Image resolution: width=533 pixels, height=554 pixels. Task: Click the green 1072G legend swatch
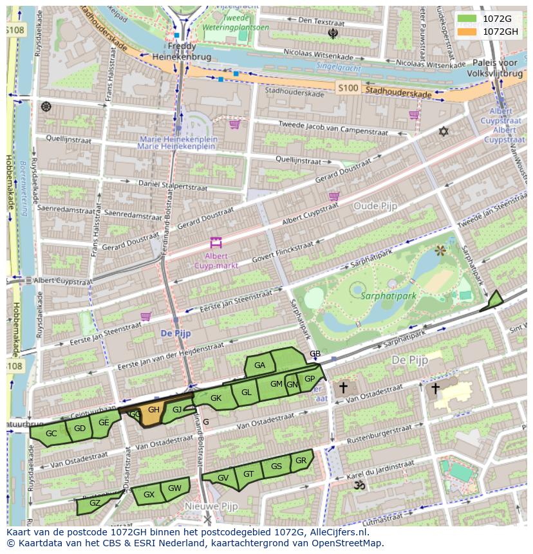467,19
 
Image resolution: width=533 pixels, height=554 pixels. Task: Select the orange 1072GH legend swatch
467,32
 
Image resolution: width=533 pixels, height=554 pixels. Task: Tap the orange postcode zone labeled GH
153,416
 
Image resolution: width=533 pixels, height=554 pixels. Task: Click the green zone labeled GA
260,365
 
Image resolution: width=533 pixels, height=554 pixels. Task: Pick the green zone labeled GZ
95,503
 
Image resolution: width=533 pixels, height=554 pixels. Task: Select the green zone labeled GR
301,461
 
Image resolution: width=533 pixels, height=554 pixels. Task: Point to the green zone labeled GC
51,434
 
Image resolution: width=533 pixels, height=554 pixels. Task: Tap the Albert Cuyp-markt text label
216,261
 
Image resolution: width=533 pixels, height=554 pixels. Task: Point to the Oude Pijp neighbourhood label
375,206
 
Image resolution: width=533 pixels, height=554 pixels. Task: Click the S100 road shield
348,88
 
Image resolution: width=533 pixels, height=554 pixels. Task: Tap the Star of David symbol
443,131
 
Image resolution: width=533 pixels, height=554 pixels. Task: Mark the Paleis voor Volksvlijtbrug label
494,68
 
